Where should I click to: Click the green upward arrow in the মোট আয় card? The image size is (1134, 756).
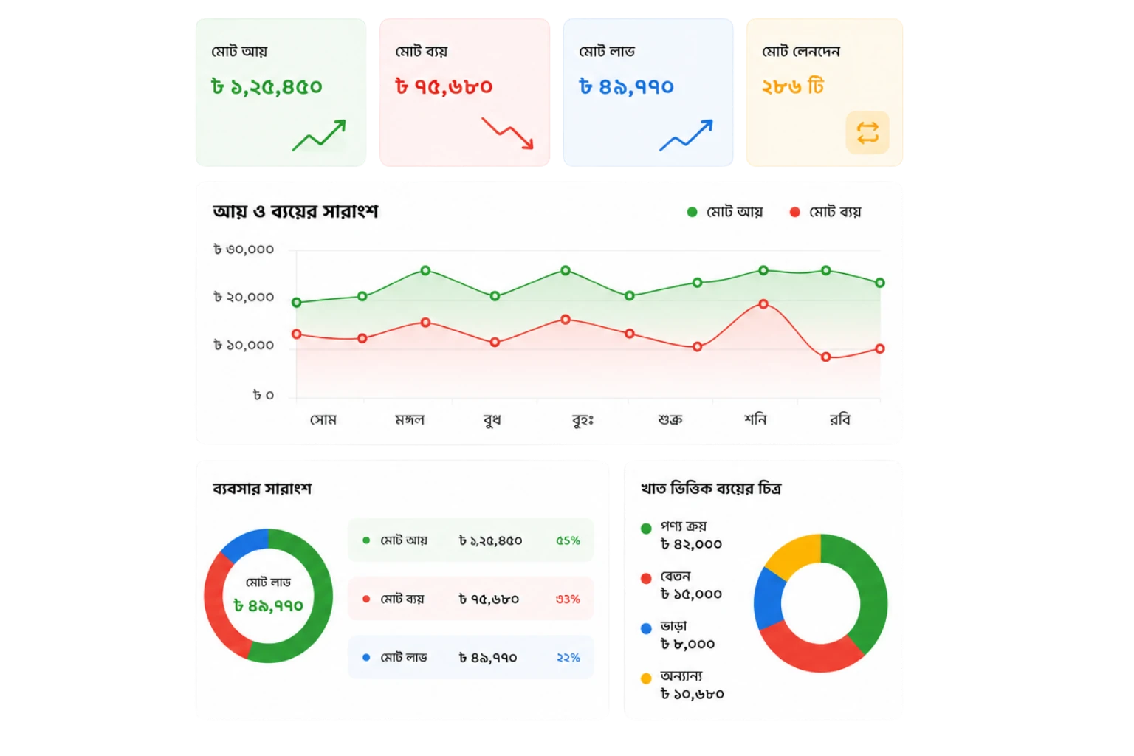point(320,135)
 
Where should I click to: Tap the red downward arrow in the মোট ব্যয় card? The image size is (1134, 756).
point(508,133)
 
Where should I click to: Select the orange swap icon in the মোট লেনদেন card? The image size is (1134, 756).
point(867,133)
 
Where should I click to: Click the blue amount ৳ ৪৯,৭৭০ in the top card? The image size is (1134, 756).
point(626,86)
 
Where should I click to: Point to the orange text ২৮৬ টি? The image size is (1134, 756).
point(793,86)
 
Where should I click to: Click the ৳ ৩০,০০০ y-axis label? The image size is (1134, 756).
point(244,249)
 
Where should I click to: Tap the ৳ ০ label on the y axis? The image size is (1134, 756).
point(264,395)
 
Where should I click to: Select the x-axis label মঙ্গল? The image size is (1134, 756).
point(410,419)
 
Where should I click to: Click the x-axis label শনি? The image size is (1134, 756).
point(755,419)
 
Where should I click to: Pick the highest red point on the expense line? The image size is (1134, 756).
point(763,304)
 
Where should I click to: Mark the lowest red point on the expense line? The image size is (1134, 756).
point(825,357)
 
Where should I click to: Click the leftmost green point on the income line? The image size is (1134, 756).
point(297,302)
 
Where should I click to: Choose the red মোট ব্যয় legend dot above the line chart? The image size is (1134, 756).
point(795,212)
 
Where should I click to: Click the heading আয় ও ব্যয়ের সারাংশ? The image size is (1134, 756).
point(295,211)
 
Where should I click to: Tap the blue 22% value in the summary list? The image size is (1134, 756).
point(568,657)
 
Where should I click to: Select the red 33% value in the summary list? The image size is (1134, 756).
point(568,599)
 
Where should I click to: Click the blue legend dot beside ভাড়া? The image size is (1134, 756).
point(646,628)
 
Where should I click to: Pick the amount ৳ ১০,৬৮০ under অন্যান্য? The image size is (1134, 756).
point(692,694)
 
